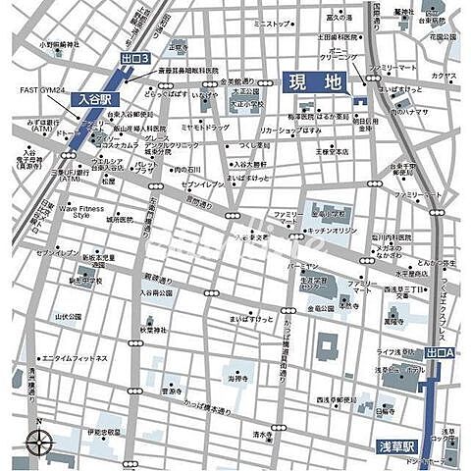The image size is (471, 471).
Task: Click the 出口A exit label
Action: pos(442,351)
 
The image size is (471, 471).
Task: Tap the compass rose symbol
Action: pos(38,445)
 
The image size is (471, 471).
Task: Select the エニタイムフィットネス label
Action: pos(75,359)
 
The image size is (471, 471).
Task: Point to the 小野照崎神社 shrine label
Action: pos(60,44)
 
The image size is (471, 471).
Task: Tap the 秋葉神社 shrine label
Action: pos(154,331)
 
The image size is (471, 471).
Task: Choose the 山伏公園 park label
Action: pos(69,316)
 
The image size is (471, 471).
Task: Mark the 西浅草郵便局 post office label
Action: pos(335,400)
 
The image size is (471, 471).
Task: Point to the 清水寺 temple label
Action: pos(260,434)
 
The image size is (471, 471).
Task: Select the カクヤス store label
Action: pos(444,74)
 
